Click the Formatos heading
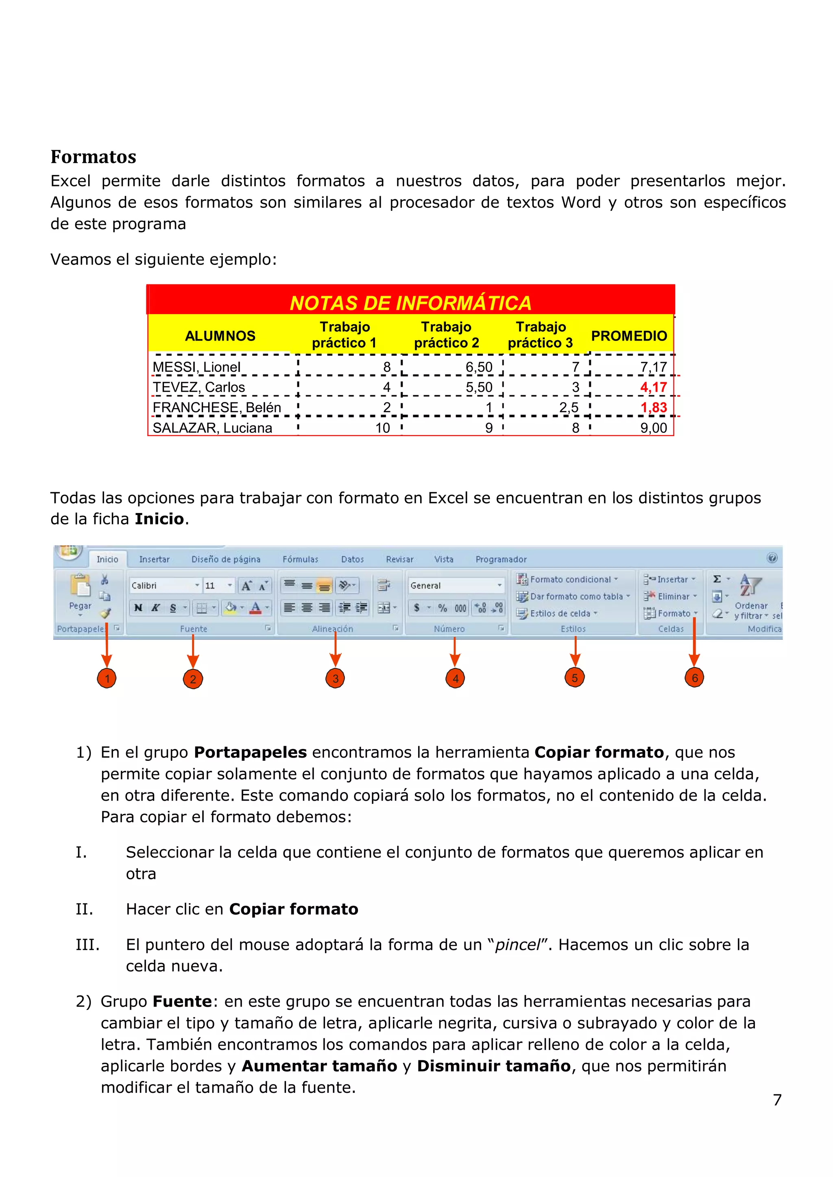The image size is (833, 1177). (94, 157)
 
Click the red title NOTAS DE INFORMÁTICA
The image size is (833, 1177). (410, 303)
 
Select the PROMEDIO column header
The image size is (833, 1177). (629, 336)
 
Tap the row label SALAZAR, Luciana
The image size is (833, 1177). (212, 428)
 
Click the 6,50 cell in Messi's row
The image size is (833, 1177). (479, 367)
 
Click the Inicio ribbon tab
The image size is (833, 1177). (107, 559)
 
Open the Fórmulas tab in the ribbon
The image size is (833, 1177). (300, 559)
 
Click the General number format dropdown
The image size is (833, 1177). (456, 585)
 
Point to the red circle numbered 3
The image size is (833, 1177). (335, 678)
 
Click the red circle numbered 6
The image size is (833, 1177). (695, 678)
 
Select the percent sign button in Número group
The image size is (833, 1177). (442, 608)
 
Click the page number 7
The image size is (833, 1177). (777, 1100)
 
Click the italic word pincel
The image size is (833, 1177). (517, 945)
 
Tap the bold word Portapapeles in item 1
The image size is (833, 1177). (250, 752)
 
